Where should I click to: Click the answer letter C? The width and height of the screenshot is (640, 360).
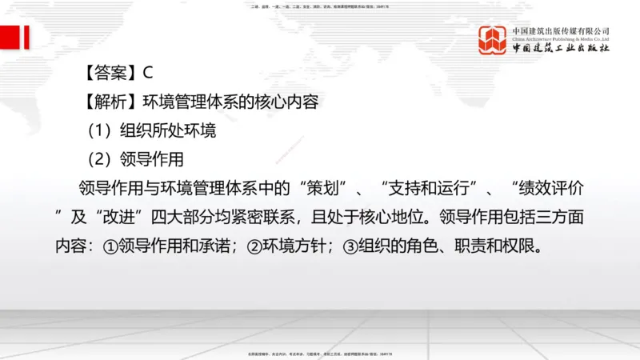coord(148,73)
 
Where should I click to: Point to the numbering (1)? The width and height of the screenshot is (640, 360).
coord(102,130)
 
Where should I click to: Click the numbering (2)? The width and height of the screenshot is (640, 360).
coord(102,159)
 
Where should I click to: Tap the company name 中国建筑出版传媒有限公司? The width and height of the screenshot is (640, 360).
coord(561,30)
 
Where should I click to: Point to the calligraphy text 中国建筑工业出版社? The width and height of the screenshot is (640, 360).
coord(561,48)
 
